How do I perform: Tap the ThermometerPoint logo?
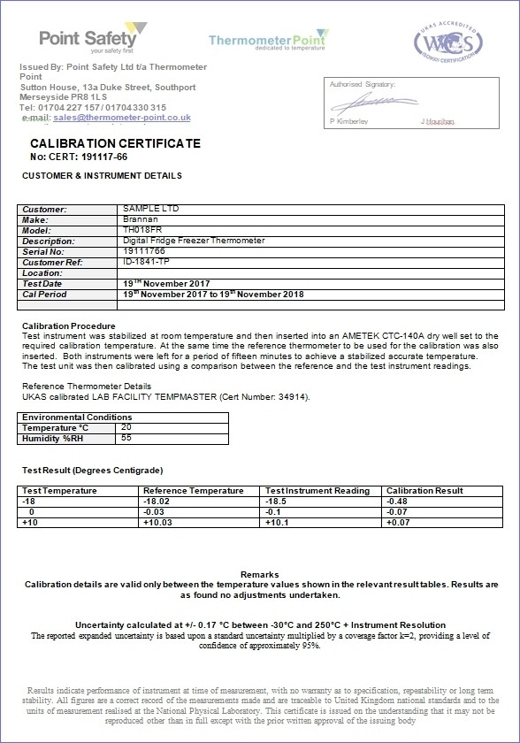tap(268, 40)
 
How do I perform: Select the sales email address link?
tap(122, 117)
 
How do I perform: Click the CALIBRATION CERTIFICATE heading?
tap(115, 143)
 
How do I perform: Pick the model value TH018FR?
tap(139, 230)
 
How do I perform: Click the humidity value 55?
tap(126, 438)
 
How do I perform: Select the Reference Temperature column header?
tap(193, 491)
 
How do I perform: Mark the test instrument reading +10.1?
tap(277, 523)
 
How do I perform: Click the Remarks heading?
tap(259, 574)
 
